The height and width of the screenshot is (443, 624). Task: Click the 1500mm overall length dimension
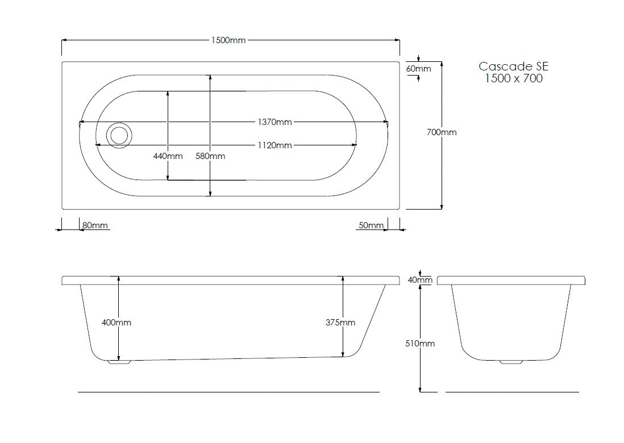(228, 40)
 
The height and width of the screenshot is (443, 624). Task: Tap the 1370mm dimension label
(274, 122)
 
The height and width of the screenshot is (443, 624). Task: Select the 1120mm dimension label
(274, 145)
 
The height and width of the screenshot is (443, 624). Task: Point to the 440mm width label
(168, 156)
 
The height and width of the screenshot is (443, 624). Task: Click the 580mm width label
(210, 156)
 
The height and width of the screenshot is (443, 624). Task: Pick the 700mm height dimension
(442, 132)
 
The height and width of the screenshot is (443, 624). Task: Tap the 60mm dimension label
(419, 69)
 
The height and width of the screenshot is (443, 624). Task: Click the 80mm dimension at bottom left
(95, 225)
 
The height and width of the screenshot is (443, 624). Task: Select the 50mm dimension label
(371, 225)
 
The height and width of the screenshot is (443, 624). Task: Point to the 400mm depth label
(117, 323)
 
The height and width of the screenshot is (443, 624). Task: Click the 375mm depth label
(341, 323)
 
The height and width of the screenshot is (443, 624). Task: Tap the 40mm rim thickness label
(421, 280)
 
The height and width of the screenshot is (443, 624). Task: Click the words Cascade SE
(514, 66)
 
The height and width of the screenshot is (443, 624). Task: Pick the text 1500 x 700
(514, 78)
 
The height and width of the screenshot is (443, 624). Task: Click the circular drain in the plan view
(119, 136)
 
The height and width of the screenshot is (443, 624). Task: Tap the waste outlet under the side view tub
(119, 361)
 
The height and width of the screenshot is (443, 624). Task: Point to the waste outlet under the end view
(512, 361)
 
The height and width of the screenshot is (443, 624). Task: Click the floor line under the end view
(512, 392)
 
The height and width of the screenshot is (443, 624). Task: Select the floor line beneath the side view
(228, 392)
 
